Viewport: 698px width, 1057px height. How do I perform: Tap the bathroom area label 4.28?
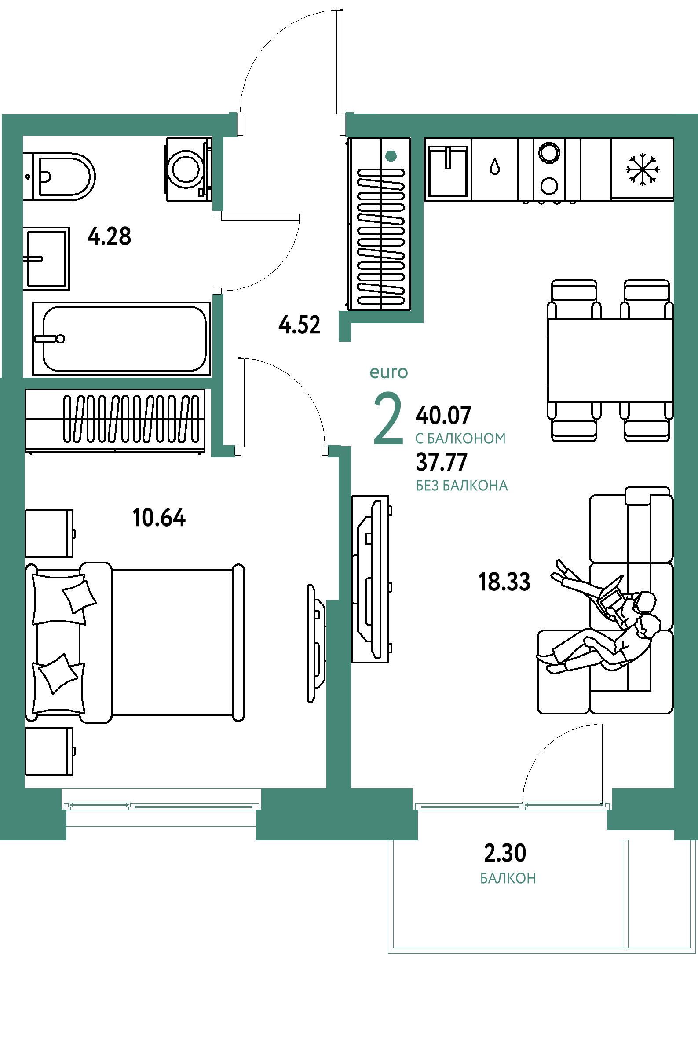point(110,236)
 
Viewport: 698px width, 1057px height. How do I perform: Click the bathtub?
point(121,339)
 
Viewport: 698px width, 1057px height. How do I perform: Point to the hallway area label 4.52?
point(300,325)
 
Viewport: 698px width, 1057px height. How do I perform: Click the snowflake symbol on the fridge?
point(642,169)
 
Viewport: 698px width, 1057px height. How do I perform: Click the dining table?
point(610,361)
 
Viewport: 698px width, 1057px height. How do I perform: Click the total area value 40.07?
point(443,415)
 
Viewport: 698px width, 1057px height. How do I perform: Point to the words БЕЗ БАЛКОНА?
point(462,486)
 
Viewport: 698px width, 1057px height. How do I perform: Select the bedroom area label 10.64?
point(159,518)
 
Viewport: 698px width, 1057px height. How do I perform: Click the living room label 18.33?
point(504,582)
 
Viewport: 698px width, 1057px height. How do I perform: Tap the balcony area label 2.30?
point(505,853)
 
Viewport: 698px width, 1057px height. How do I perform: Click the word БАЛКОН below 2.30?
point(508,878)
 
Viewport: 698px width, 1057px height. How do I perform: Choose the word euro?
point(389,372)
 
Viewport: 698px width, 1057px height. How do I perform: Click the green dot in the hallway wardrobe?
point(391,156)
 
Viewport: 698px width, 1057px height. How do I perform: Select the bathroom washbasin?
point(46,258)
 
